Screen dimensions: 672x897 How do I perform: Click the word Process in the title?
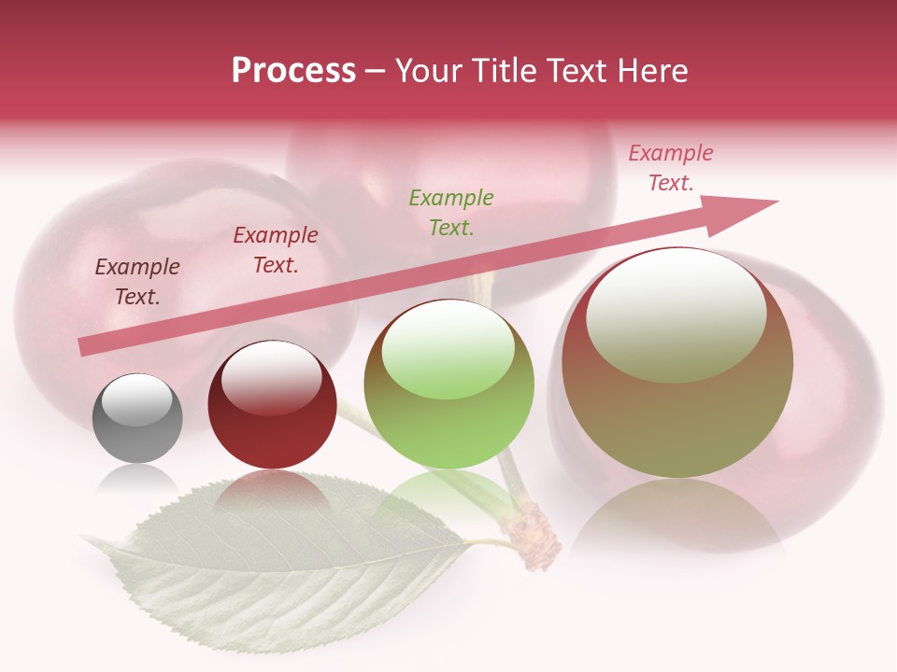(x=293, y=71)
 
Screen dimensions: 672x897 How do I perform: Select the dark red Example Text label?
(x=276, y=250)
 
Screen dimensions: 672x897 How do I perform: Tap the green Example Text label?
(x=451, y=212)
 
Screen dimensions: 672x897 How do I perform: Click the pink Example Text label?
(x=671, y=168)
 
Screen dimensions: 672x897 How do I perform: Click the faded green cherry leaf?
(x=280, y=560)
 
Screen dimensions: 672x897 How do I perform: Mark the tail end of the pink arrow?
(x=84, y=347)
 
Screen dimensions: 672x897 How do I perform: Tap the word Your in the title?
(x=428, y=71)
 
